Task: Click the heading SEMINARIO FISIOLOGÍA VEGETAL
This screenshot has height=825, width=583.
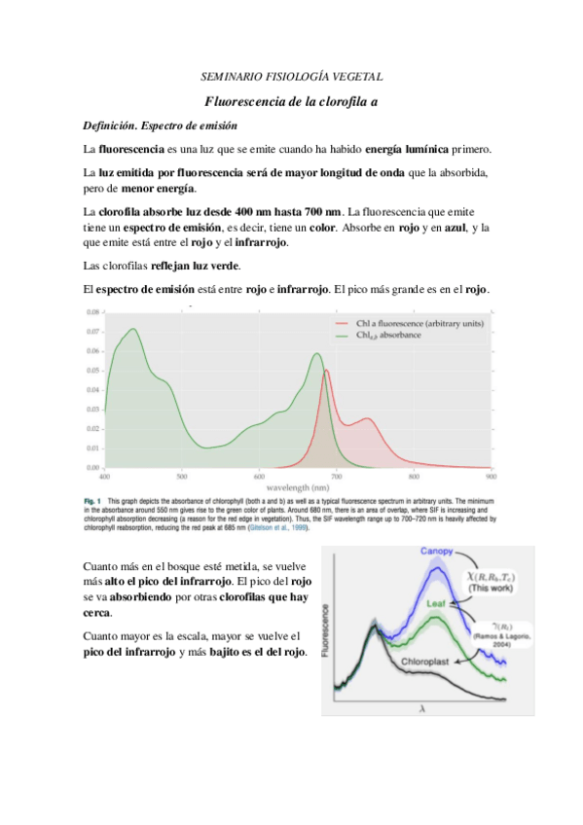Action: point(291,75)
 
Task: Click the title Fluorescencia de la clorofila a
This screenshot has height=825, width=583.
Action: point(291,102)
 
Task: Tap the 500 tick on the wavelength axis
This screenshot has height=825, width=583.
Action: point(182,477)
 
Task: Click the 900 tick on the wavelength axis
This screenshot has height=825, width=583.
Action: point(492,477)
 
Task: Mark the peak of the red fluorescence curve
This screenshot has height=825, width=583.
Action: point(326,371)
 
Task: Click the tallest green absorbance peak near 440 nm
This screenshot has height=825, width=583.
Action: point(129,330)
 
